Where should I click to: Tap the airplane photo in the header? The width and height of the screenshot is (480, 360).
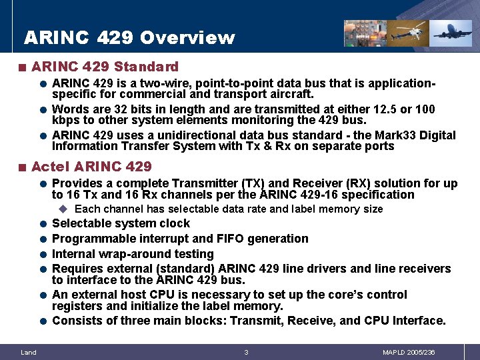[x=451, y=32]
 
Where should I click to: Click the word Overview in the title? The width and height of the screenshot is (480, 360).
[x=187, y=38]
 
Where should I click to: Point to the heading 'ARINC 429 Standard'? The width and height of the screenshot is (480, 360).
[x=105, y=67]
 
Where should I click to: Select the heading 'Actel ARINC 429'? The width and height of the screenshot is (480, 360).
[x=91, y=166]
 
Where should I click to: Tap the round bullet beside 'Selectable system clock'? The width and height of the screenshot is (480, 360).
[x=42, y=224]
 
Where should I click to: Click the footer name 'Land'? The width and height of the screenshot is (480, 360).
[x=29, y=352]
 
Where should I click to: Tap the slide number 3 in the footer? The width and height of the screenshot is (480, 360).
[x=246, y=352]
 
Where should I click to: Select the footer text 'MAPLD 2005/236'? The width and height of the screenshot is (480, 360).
[x=409, y=352]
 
